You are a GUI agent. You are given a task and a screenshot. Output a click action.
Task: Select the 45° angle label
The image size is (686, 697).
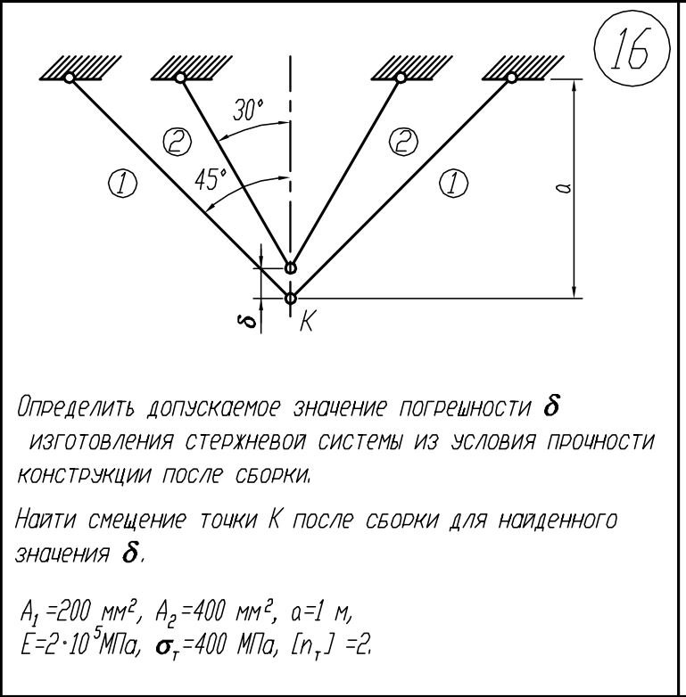coord(211,179)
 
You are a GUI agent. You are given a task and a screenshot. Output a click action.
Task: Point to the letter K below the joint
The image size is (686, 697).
coord(307,321)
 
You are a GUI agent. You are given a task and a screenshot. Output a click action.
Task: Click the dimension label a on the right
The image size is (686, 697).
coord(563,188)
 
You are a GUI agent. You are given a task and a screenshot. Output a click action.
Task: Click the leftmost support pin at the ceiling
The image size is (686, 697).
coord(69,78)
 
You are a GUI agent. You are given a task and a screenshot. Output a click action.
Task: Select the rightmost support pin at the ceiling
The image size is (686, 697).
coord(511,78)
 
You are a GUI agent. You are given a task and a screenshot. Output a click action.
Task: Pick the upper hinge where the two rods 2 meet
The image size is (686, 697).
coord(290,267)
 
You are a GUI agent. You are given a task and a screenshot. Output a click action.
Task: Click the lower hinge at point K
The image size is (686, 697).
coord(290,298)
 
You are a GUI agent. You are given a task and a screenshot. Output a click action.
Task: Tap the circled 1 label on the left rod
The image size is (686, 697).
coord(122,184)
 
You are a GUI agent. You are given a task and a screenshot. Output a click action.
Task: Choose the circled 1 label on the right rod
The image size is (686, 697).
coord(453,184)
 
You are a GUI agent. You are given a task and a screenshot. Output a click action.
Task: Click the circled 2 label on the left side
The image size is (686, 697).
coord(177,142)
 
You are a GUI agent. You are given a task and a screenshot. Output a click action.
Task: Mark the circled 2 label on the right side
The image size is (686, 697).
coord(403,142)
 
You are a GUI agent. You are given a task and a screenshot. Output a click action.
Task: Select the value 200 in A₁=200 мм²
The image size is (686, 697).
coord(76,612)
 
